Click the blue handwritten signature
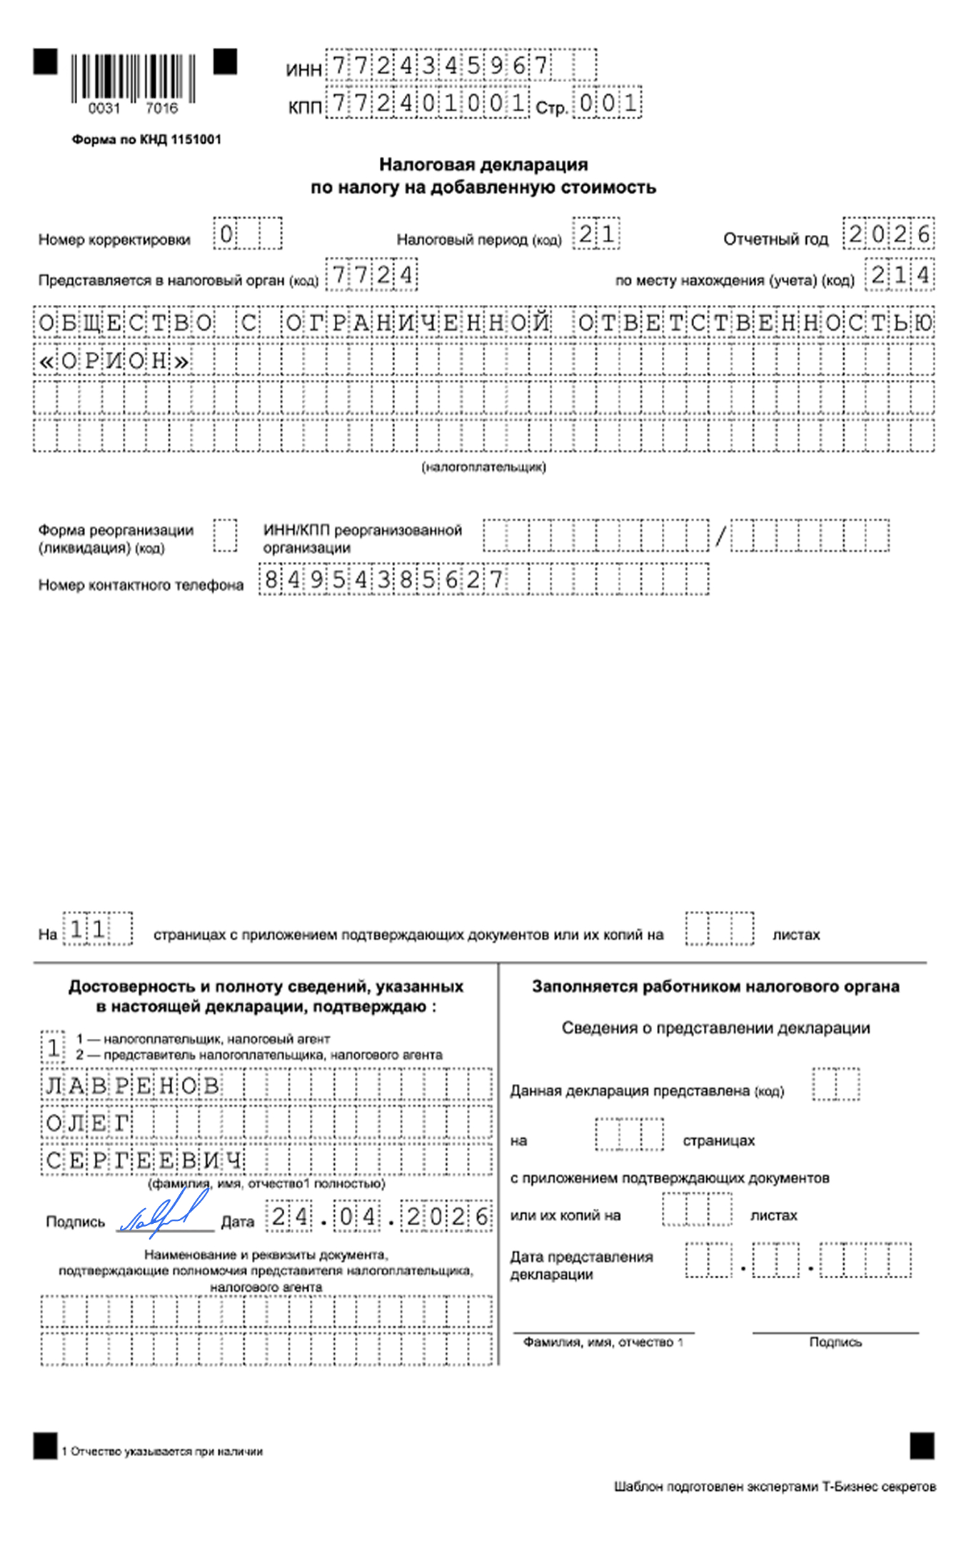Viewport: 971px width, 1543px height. pyautogui.click(x=165, y=1215)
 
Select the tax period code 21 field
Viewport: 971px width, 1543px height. pyautogui.click(x=596, y=234)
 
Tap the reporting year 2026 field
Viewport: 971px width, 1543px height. pyautogui.click(x=888, y=234)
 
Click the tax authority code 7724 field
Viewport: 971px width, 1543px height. pyautogui.click(x=371, y=275)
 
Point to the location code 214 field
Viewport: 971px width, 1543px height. pyautogui.click(x=900, y=275)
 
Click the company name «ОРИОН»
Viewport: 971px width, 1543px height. pyautogui.click(x=114, y=361)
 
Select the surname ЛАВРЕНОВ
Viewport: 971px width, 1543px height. pyautogui.click(x=133, y=1086)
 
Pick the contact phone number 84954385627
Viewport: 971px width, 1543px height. pyautogui.click(x=383, y=579)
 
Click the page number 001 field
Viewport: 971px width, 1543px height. pyautogui.click(x=608, y=104)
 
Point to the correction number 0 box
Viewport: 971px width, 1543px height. pyautogui.click(x=226, y=234)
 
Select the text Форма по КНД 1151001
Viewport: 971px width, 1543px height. pyautogui.click(x=146, y=139)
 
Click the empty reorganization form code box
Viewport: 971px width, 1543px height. pyautogui.click(x=225, y=536)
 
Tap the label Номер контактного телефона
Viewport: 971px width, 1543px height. pyautogui.click(x=141, y=585)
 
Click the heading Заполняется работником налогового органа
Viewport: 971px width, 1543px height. pyautogui.click(x=715, y=987)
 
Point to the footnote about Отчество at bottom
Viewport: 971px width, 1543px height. pyautogui.click(x=162, y=1452)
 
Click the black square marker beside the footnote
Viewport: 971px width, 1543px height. pyautogui.click(x=45, y=1447)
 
